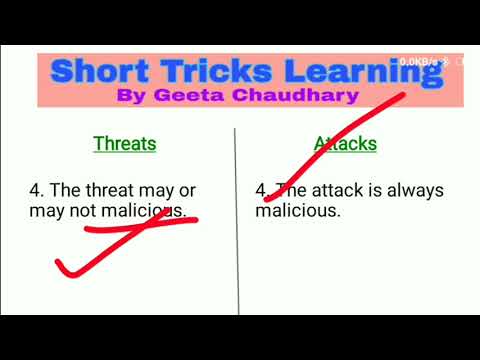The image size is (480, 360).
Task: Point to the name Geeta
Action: click(192, 97)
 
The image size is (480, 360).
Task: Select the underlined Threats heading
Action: click(125, 143)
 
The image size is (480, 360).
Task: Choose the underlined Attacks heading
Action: click(346, 143)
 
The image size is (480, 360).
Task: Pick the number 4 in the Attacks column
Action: click(260, 190)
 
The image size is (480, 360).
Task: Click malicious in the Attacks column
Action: click(298, 211)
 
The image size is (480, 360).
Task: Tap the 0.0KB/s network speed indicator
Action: click(418, 61)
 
